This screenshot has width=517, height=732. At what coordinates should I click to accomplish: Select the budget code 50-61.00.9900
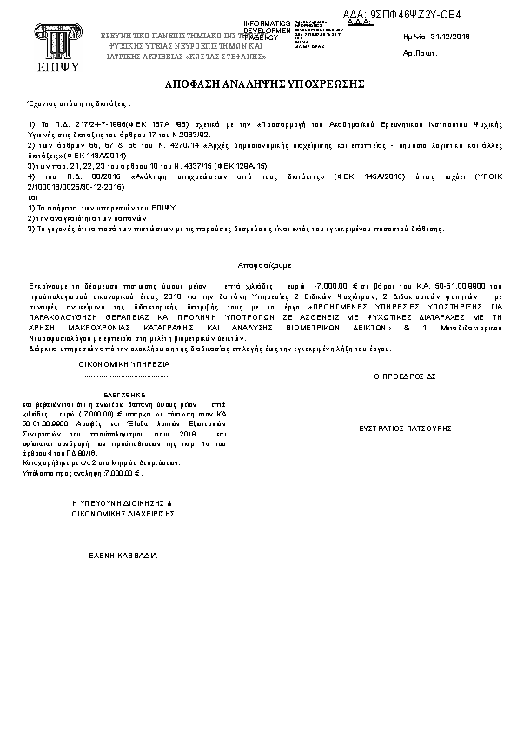pos(454,285)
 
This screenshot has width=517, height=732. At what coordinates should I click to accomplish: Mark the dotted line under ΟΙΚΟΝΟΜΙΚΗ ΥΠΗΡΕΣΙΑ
pos(122,377)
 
